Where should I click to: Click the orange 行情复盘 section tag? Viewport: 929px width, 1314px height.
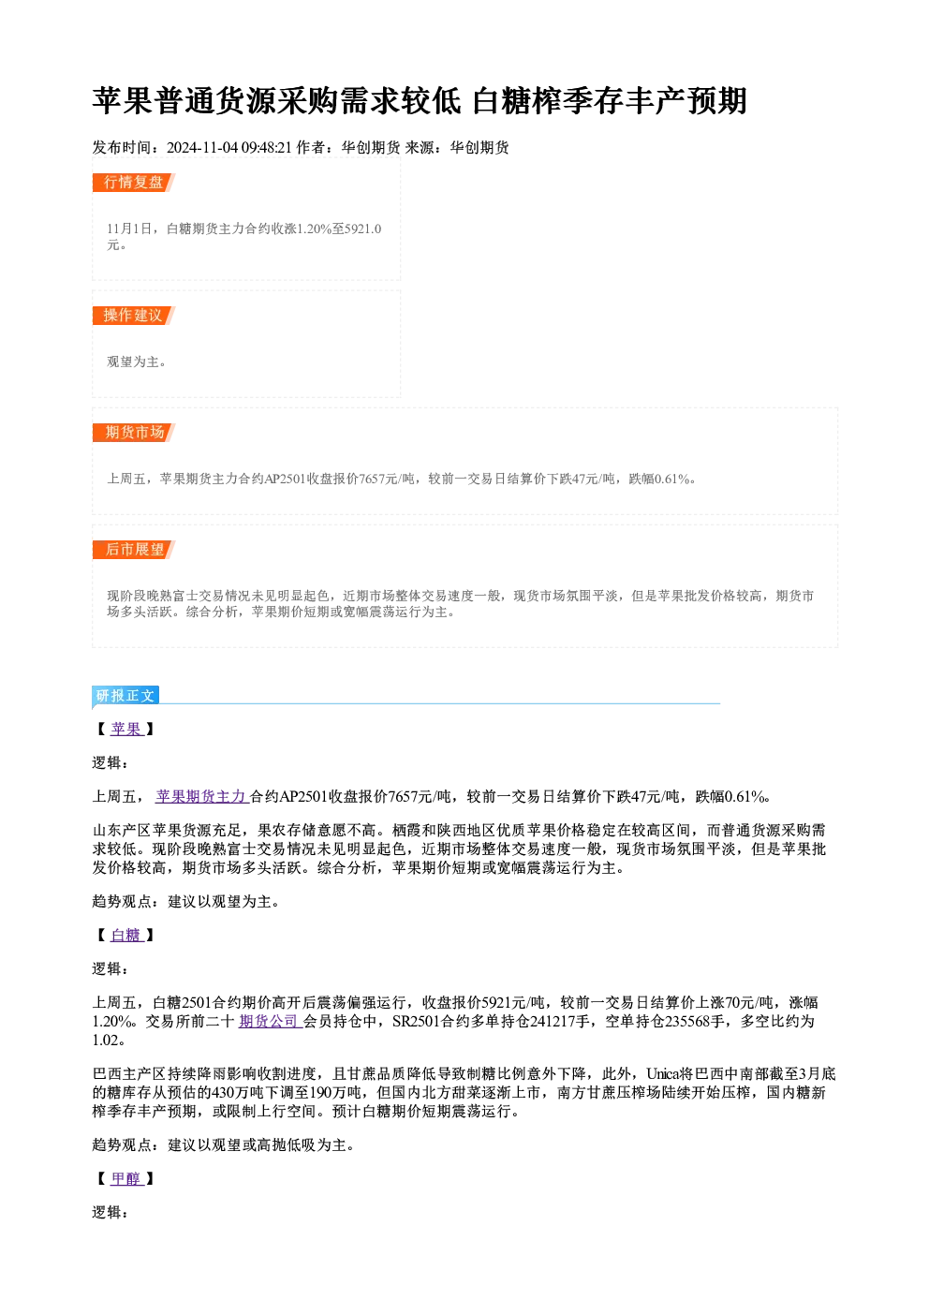[x=134, y=183]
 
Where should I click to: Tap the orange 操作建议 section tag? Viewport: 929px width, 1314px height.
[x=134, y=316]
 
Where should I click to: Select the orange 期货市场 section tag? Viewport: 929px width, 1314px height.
[x=134, y=433]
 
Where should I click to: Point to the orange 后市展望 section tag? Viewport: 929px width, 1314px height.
[x=134, y=550]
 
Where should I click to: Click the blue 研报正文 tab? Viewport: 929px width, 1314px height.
[x=125, y=696]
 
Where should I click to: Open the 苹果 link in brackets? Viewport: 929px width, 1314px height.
[x=126, y=730]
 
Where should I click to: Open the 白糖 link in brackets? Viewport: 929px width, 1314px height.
[x=126, y=935]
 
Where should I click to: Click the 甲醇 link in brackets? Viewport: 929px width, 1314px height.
[x=126, y=1178]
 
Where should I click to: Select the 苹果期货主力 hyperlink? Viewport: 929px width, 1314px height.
[x=201, y=797]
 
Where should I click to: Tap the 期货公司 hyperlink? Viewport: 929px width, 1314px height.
[x=269, y=1021]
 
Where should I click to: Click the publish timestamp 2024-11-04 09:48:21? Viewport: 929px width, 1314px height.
[x=229, y=148]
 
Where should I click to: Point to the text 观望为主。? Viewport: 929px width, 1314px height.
[x=136, y=362]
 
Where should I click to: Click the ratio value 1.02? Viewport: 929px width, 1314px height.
[x=106, y=1040]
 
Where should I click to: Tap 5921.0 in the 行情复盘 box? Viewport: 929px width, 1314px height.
[x=362, y=229]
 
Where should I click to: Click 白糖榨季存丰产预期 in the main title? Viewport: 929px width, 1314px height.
[x=610, y=101]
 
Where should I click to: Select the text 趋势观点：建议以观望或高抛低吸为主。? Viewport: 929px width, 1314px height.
[x=223, y=1145]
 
